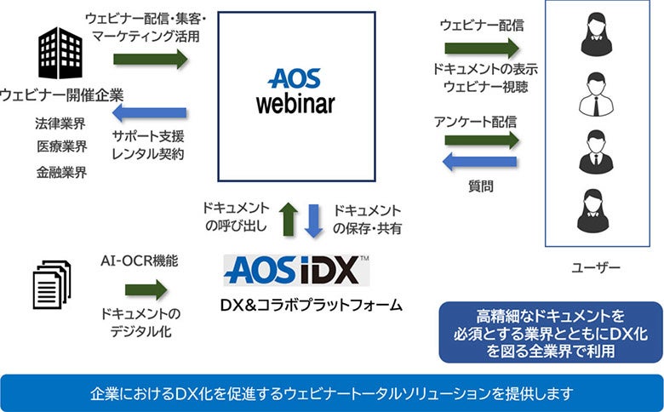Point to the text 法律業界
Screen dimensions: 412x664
pyautogui.click(x=61, y=122)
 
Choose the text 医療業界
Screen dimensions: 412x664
pyautogui.click(x=61, y=146)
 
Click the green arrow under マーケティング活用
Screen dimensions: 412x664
pyautogui.click(x=150, y=59)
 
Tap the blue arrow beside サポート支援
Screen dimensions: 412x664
pyautogui.click(x=150, y=112)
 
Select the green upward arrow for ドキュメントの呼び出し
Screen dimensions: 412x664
pyautogui.click(x=288, y=218)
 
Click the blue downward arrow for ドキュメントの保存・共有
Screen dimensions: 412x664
pyautogui.click(x=314, y=218)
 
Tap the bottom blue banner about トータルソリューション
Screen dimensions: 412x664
pyautogui.click(x=332, y=394)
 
